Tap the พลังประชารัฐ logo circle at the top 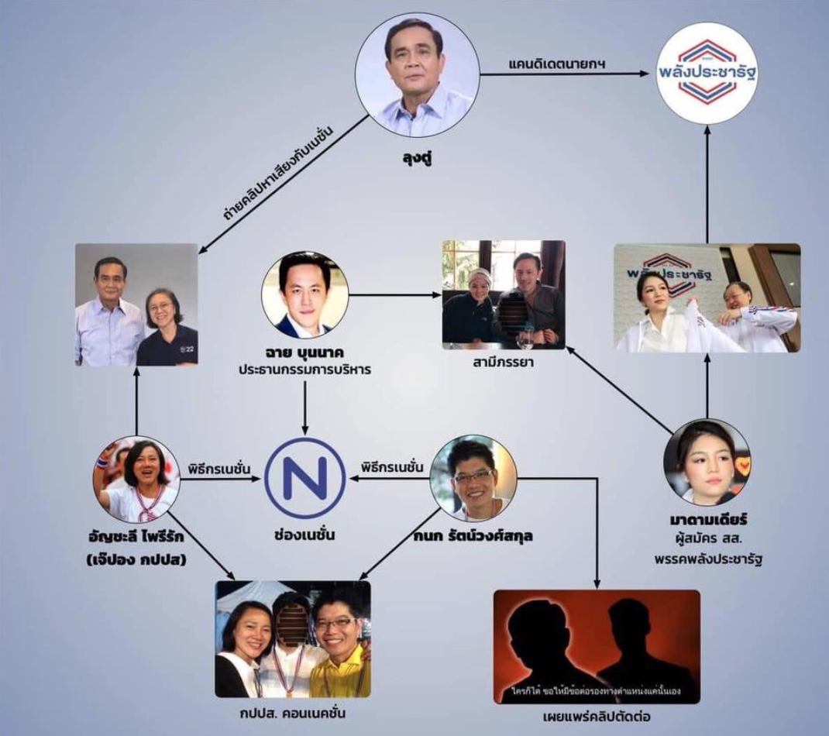[x=704, y=74]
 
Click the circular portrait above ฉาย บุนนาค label [x=304, y=294]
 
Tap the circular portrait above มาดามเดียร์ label [x=707, y=463]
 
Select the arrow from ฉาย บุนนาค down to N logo [x=304, y=407]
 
